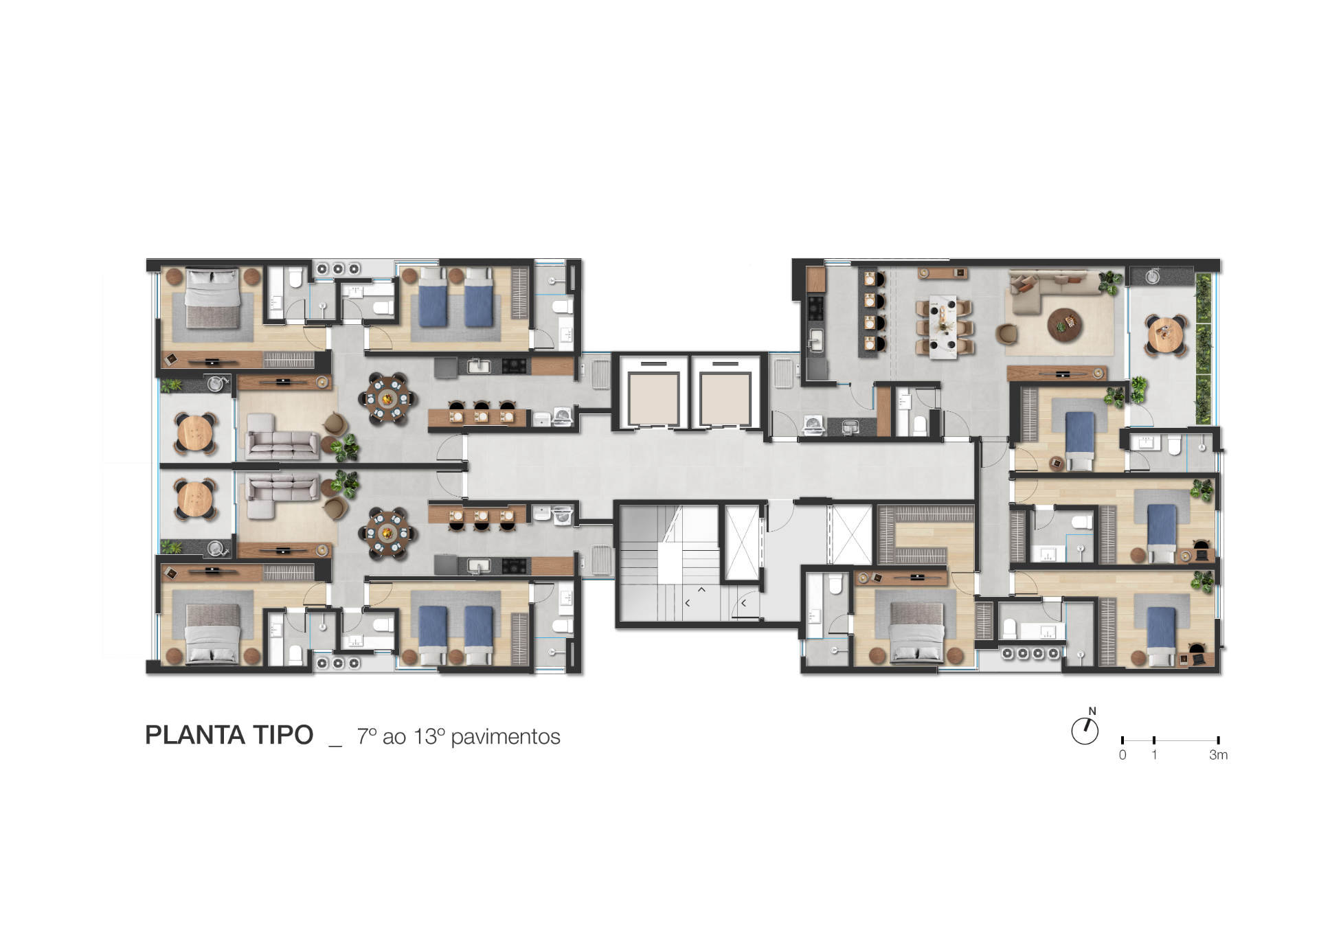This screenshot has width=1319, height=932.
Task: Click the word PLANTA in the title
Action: [x=195, y=736]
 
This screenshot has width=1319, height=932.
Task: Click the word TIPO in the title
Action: [x=284, y=736]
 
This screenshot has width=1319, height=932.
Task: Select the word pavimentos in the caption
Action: [x=506, y=737]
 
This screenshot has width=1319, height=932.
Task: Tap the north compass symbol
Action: [x=1085, y=729]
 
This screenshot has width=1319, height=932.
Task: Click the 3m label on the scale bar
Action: [x=1218, y=755]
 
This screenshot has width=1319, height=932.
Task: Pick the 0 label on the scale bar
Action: [x=1123, y=755]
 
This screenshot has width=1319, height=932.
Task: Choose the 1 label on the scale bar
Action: [x=1154, y=755]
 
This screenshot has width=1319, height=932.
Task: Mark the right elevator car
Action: [x=725, y=399]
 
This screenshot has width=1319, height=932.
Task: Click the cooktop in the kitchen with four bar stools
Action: [x=815, y=308]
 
